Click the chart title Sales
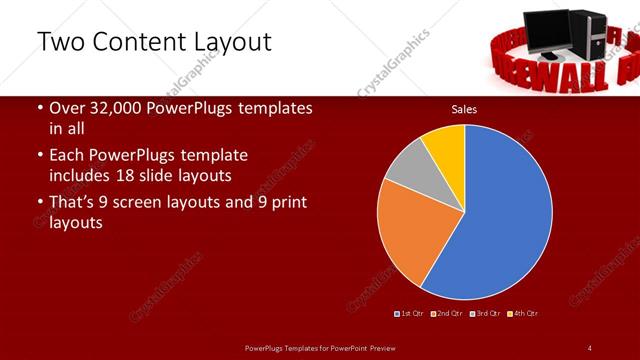pyautogui.click(x=463, y=108)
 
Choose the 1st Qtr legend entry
pyautogui.click(x=410, y=313)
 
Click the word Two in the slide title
pyautogui.click(x=62, y=42)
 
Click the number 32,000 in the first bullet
pyautogui.click(x=107, y=108)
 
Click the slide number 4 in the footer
pyautogui.click(x=589, y=347)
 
